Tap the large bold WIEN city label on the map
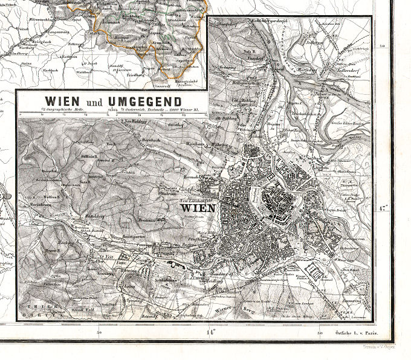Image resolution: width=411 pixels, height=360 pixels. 195,209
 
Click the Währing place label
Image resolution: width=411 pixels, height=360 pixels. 219,145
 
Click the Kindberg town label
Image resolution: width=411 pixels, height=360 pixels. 10,53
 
